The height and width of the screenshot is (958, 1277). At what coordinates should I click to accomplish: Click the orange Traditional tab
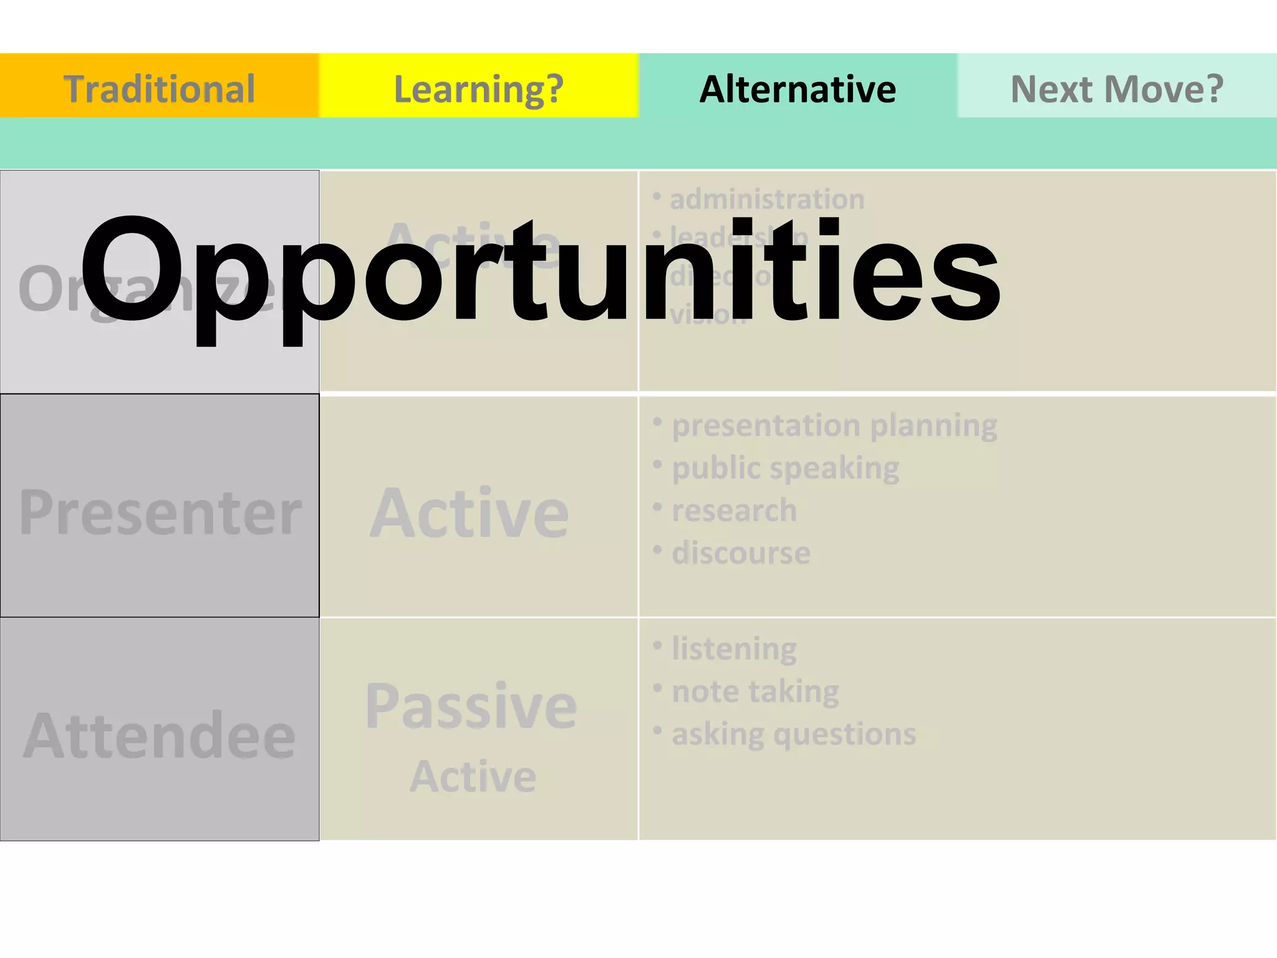point(159,89)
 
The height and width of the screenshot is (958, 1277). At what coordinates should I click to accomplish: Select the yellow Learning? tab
point(478,89)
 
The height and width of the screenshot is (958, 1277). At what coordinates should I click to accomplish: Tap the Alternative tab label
point(798,89)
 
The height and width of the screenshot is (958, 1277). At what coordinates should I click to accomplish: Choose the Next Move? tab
point(1117,89)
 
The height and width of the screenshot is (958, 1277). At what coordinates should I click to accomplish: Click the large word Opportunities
point(540,272)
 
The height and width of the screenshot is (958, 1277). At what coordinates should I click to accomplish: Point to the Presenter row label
point(160,513)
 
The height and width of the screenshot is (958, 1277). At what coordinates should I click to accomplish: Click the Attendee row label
point(160,736)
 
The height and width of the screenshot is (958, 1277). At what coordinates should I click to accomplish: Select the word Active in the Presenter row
point(470,513)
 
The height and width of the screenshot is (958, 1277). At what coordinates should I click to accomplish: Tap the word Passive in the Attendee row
point(471,706)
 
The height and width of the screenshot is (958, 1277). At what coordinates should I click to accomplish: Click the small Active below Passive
point(473,777)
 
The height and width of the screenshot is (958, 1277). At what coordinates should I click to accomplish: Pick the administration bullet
point(766,200)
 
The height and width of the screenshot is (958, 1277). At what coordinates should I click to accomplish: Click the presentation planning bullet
point(834,426)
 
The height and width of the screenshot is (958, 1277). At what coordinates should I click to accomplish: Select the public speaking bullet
point(785,468)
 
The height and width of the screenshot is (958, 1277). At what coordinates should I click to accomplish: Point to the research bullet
point(734,511)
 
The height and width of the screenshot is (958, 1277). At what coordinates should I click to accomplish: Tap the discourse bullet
point(741,553)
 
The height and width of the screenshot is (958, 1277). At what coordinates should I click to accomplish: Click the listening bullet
point(733,649)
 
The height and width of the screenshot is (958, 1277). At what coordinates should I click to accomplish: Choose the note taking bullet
point(755,692)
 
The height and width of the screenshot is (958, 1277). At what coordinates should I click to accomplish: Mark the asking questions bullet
point(793,734)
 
